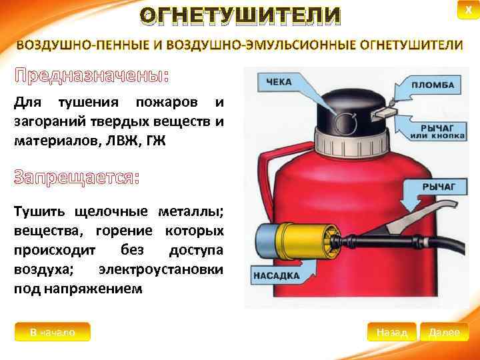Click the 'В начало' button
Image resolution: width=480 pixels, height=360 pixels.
coord(53,331)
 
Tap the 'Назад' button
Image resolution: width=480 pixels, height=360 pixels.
coord(392,332)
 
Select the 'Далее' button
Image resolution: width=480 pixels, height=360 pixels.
coord(445,332)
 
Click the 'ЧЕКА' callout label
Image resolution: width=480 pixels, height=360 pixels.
coord(280,82)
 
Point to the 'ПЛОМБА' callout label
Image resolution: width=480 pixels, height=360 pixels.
coord(433,86)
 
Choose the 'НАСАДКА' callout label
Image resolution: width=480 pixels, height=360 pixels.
coord(276,275)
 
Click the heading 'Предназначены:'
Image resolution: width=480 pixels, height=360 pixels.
coord(92,75)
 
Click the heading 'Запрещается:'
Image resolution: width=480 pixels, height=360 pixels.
coord(77,179)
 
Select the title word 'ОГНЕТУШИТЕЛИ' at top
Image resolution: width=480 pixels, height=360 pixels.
coord(240,15)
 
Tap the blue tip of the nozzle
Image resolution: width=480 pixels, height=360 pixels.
coord(266,239)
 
